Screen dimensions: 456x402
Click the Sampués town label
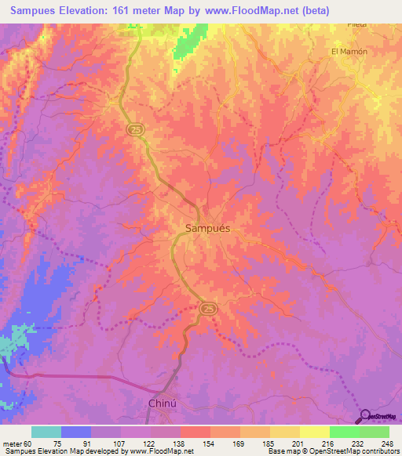(208, 228)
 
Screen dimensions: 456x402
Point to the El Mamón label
(349, 52)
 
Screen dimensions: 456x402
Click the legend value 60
(28, 443)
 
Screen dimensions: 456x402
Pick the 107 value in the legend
(119, 443)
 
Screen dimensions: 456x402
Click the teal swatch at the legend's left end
(46, 432)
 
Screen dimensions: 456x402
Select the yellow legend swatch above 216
(315, 432)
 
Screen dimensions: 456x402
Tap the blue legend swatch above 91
(76, 432)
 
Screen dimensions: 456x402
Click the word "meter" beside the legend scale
(11, 443)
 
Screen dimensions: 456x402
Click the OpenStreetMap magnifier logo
(365, 415)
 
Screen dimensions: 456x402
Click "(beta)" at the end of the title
(312, 12)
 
